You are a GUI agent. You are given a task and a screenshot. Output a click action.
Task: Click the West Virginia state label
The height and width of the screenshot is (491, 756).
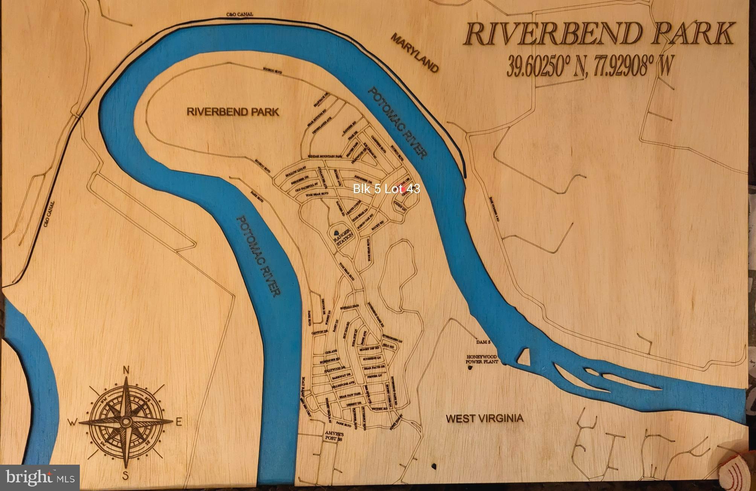pyautogui.click(x=484, y=418)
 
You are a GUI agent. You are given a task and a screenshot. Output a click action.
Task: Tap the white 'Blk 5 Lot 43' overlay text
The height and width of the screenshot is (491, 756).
pyautogui.click(x=386, y=188)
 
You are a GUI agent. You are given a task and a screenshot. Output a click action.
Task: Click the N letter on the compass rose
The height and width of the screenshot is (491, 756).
pyautogui.click(x=126, y=371)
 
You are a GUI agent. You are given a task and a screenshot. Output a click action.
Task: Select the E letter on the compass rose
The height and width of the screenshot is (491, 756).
pyautogui.click(x=179, y=422)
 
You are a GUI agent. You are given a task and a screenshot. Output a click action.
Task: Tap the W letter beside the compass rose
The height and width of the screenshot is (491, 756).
pyautogui.click(x=72, y=423)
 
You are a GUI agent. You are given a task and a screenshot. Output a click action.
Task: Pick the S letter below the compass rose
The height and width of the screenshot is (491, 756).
pyautogui.click(x=126, y=475)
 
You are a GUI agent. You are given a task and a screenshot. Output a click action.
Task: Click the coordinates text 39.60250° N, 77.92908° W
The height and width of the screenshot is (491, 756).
pyautogui.click(x=589, y=67)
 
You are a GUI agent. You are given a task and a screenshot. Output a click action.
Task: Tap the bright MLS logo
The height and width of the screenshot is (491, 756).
pyautogui.click(x=40, y=478)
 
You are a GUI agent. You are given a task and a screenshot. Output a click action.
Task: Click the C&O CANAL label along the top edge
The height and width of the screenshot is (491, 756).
pyautogui.click(x=239, y=15)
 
